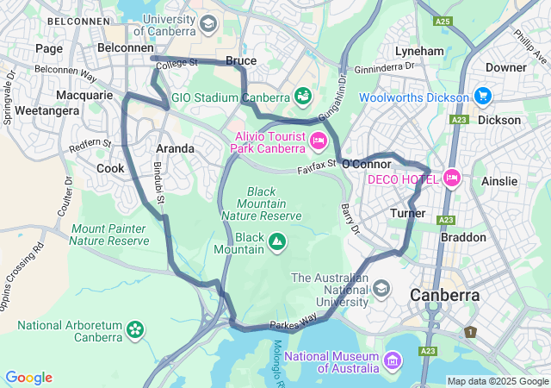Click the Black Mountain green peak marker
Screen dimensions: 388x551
click(x=277, y=242)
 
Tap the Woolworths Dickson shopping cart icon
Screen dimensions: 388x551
click(x=481, y=96)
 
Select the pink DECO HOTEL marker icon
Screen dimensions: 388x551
click(x=452, y=178)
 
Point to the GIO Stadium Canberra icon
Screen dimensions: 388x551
click(x=302, y=96)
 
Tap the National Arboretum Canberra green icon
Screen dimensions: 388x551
click(x=134, y=329)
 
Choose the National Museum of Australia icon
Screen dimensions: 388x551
click(x=393, y=358)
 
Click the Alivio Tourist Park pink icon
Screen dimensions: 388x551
click(x=318, y=140)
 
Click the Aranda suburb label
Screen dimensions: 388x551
click(x=175, y=148)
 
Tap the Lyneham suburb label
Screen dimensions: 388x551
click(x=419, y=51)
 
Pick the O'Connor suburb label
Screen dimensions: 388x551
click(x=367, y=163)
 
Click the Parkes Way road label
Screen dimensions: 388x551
click(x=293, y=322)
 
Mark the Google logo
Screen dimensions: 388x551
click(x=28, y=377)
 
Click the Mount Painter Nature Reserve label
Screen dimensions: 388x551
click(x=110, y=235)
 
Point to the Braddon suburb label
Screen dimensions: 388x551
click(x=463, y=236)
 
